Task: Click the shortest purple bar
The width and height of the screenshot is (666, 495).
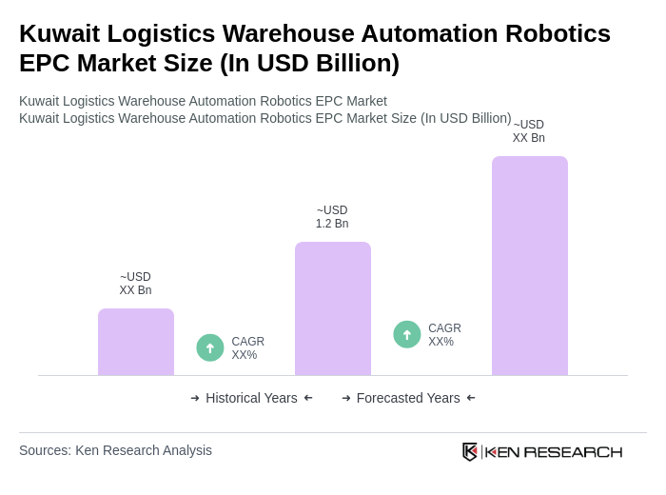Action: pyautogui.click(x=135, y=342)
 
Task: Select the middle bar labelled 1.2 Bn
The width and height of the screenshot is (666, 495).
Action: pyautogui.click(x=332, y=308)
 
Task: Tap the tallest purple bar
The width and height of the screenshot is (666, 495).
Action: pyautogui.click(x=529, y=266)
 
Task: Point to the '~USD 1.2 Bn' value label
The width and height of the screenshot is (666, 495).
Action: pyautogui.click(x=332, y=217)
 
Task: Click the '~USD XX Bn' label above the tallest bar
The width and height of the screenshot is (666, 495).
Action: pyautogui.click(x=529, y=131)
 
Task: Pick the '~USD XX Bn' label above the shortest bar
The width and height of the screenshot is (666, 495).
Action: pyautogui.click(x=135, y=284)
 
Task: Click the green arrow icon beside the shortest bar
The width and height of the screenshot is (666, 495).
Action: pyautogui.click(x=210, y=348)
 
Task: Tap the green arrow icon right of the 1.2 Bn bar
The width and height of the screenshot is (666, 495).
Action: pyautogui.click(x=407, y=335)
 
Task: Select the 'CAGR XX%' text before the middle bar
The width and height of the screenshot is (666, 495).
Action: pyautogui.click(x=247, y=348)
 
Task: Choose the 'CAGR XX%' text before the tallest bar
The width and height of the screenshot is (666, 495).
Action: pyautogui.click(x=444, y=335)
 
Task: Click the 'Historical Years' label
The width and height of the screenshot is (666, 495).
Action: pyautogui.click(x=251, y=398)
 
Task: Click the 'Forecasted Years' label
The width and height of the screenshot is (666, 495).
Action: pyautogui.click(x=408, y=398)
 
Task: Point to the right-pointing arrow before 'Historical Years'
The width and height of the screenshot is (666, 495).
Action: pyautogui.click(x=195, y=398)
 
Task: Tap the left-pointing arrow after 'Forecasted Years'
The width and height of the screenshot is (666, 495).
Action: pyautogui.click(x=471, y=398)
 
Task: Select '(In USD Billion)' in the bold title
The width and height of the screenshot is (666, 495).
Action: pyautogui.click(x=309, y=63)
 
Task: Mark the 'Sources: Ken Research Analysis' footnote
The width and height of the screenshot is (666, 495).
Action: pyautogui.click(x=115, y=450)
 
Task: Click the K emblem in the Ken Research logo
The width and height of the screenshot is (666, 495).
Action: pyautogui.click(x=470, y=451)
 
